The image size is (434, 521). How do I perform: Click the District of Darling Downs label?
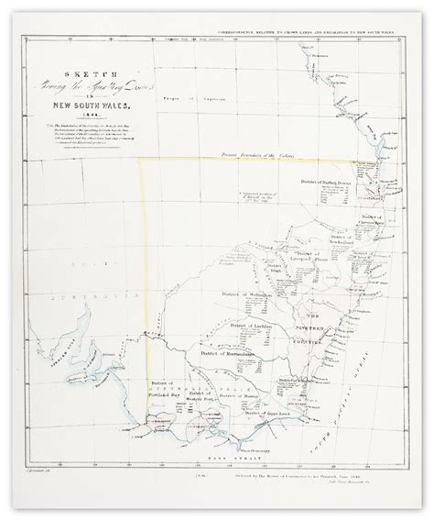327,183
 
